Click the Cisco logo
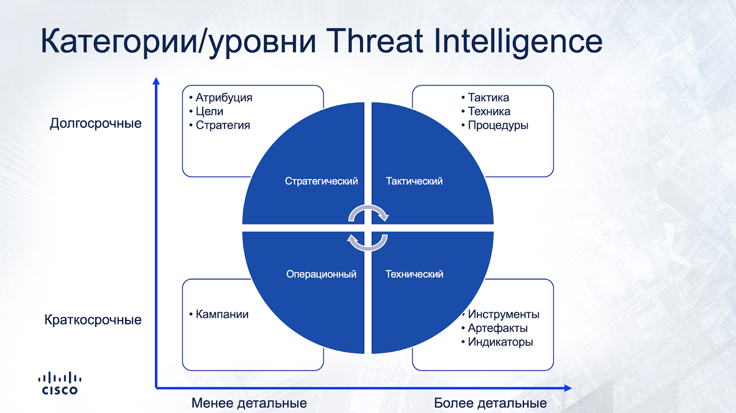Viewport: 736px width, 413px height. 60,383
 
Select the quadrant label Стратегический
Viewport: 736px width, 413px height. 321,181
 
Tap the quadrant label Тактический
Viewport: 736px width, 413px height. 414,181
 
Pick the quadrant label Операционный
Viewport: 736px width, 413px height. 321,274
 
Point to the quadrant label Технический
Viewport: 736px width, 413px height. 414,274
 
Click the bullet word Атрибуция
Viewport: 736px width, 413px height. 224,98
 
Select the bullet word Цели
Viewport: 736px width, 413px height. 209,112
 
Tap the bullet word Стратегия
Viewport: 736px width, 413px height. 223,125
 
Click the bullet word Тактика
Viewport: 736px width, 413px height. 488,98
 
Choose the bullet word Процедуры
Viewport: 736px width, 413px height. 498,126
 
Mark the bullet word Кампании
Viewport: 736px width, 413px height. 222,315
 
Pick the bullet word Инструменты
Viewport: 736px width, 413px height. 503,315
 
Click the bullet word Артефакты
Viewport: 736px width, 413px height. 497,328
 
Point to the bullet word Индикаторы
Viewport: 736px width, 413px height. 500,342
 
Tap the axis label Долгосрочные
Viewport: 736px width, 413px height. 96,124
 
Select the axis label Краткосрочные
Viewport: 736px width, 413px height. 93,320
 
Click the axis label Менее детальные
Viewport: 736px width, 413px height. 249,403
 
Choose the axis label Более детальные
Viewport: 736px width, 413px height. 490,403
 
